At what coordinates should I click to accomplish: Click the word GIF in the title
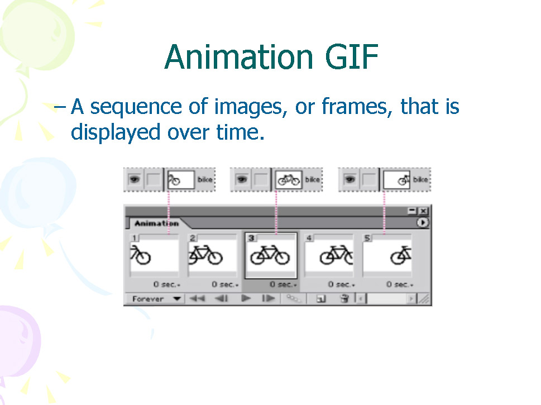(x=352, y=56)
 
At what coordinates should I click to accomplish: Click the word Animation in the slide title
(x=239, y=56)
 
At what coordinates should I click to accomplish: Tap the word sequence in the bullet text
(x=136, y=107)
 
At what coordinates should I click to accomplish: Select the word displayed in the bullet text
(x=116, y=132)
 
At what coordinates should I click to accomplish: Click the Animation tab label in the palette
(x=157, y=223)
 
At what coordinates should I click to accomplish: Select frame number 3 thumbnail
(x=271, y=255)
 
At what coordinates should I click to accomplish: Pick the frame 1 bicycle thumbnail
(x=155, y=255)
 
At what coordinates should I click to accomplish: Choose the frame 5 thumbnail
(x=387, y=255)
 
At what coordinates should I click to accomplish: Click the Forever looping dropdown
(x=157, y=299)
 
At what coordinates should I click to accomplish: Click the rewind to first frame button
(x=197, y=298)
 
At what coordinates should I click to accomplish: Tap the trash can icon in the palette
(x=344, y=299)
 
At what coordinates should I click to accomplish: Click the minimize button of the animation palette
(x=412, y=211)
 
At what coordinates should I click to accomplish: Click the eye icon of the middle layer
(x=242, y=179)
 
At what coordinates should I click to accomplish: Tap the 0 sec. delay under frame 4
(x=341, y=284)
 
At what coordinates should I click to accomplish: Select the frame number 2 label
(x=193, y=238)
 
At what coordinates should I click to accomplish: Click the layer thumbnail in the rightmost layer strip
(x=397, y=179)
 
